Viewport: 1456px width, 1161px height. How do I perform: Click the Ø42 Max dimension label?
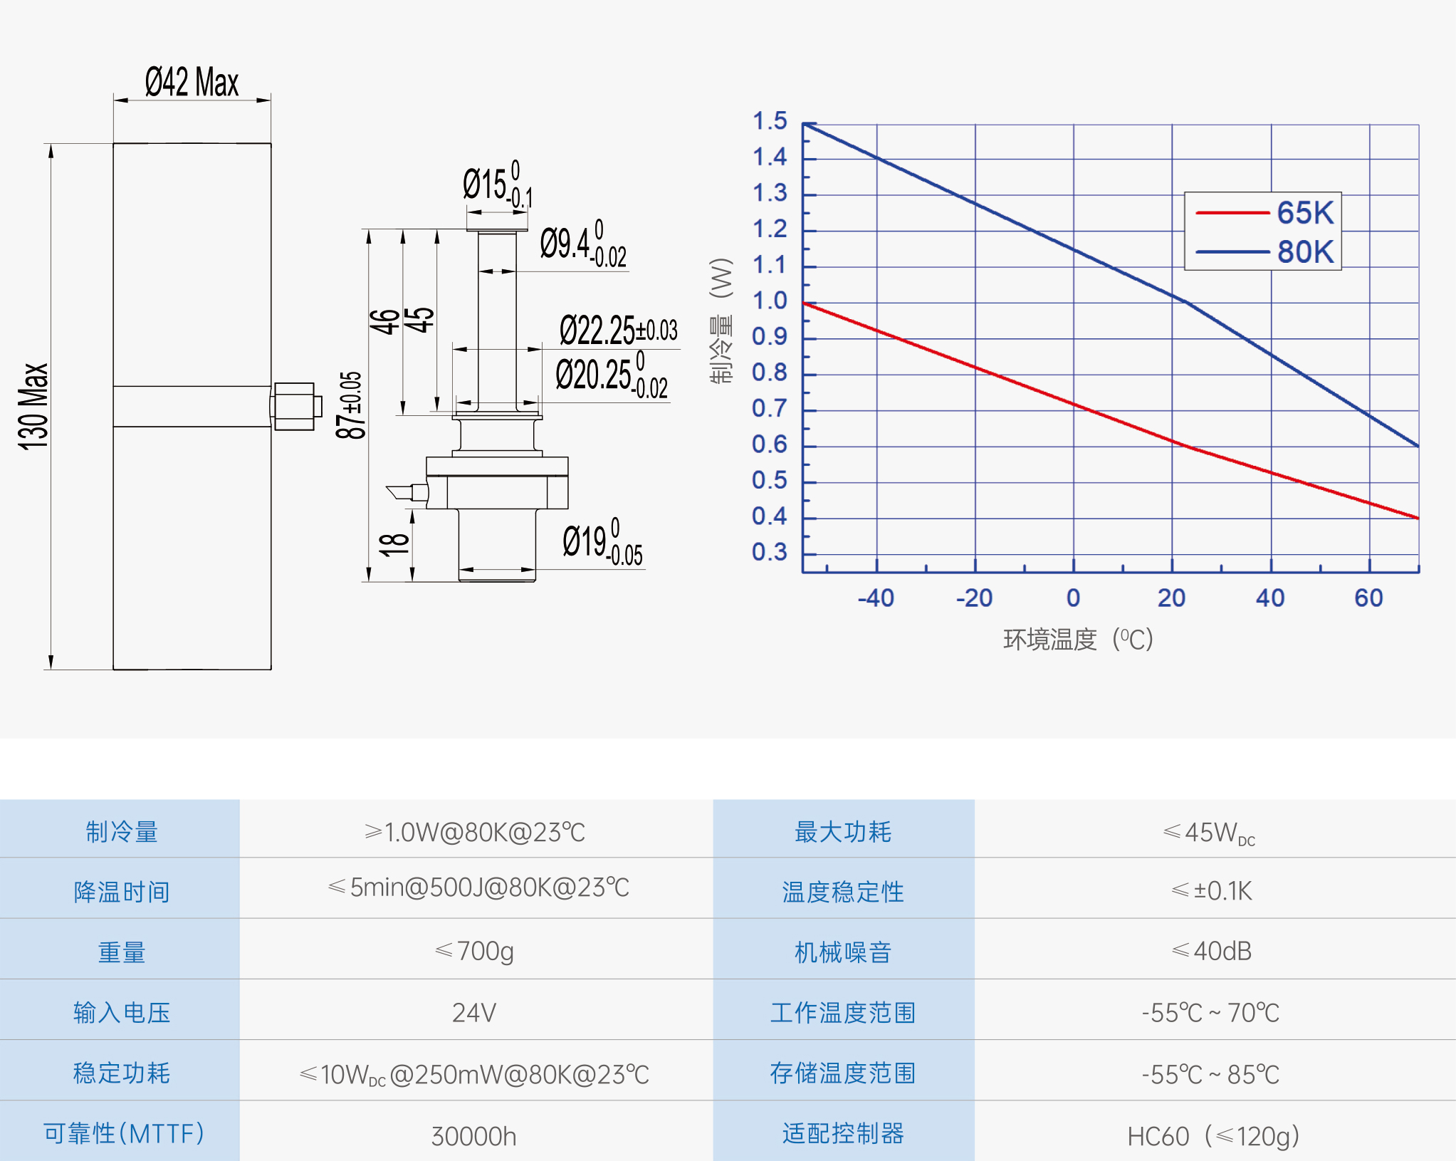point(192,82)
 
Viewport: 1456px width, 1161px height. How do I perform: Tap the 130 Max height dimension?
point(33,406)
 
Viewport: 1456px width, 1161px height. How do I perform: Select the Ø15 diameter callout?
point(497,184)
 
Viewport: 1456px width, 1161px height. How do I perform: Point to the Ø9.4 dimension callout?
point(582,245)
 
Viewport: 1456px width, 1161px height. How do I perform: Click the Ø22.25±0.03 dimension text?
point(618,330)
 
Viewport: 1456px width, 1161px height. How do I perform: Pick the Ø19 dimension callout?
point(602,543)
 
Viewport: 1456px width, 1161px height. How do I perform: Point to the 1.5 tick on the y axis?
point(770,121)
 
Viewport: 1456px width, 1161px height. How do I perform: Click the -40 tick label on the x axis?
point(876,598)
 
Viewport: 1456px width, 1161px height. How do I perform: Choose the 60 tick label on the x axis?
point(1368,598)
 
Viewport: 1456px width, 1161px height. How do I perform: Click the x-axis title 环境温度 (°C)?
point(1078,639)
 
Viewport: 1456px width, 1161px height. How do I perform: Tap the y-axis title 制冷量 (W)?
point(721,321)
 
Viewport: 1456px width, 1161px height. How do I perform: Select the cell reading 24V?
point(474,1012)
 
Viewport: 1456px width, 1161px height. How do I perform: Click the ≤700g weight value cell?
point(474,951)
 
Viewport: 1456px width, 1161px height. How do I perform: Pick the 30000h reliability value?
point(474,1136)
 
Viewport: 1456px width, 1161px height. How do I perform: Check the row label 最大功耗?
point(843,831)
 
